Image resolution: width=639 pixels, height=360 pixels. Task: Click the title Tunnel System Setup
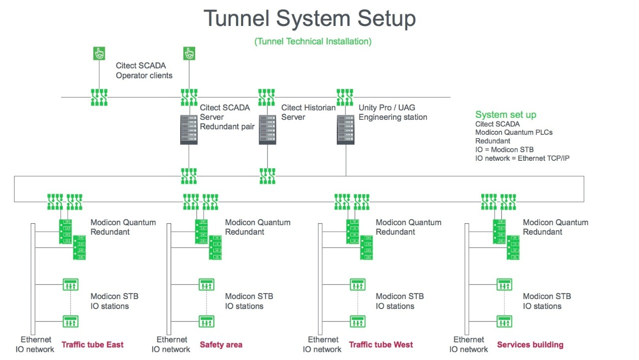pyautogui.click(x=310, y=19)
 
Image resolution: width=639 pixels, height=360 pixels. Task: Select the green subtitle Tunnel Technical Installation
pyautogui.click(x=313, y=41)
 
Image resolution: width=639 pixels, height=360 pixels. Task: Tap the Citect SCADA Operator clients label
pyautogui.click(x=144, y=70)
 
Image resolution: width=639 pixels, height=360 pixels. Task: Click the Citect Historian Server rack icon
pyautogui.click(x=267, y=130)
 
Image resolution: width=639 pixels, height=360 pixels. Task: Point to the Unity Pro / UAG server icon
pyautogui.click(x=345, y=130)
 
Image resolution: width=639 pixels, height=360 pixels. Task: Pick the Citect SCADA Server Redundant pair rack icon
pyautogui.click(x=189, y=130)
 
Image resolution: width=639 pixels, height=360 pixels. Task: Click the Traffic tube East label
pyautogui.click(x=92, y=345)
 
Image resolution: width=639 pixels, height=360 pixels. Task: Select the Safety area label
pyautogui.click(x=221, y=345)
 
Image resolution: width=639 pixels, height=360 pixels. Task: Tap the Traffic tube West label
pyautogui.click(x=381, y=345)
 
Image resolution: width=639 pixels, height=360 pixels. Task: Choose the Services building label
pyautogui.click(x=530, y=345)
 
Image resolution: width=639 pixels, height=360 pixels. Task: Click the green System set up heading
pyautogui.click(x=506, y=115)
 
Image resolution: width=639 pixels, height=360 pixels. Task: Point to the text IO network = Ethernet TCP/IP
pyautogui.click(x=523, y=158)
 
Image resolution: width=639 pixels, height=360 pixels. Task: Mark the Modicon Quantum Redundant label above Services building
pyautogui.click(x=555, y=227)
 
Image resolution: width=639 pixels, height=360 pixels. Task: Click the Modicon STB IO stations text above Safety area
pyautogui.click(x=249, y=301)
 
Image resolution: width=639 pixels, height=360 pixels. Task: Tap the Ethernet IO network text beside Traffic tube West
pyautogui.click(x=322, y=345)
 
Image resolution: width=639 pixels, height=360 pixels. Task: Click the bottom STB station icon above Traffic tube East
pyautogui.click(x=70, y=321)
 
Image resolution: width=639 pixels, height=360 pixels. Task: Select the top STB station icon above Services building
pyautogui.click(x=504, y=285)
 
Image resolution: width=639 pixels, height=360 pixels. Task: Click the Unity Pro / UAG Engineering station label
pyautogui.click(x=393, y=112)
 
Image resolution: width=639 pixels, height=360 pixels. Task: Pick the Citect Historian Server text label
pyautogui.click(x=308, y=112)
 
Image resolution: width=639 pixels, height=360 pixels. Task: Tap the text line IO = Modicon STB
pyautogui.click(x=504, y=150)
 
